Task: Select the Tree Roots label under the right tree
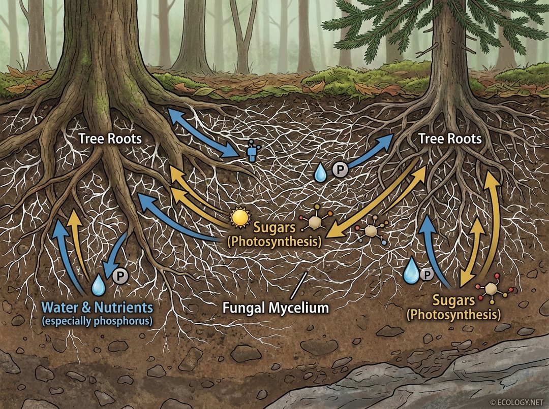tap(449, 139)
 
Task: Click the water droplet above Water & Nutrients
tap(98, 286)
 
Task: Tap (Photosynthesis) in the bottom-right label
tap(453, 315)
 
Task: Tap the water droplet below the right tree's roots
tap(411, 270)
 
